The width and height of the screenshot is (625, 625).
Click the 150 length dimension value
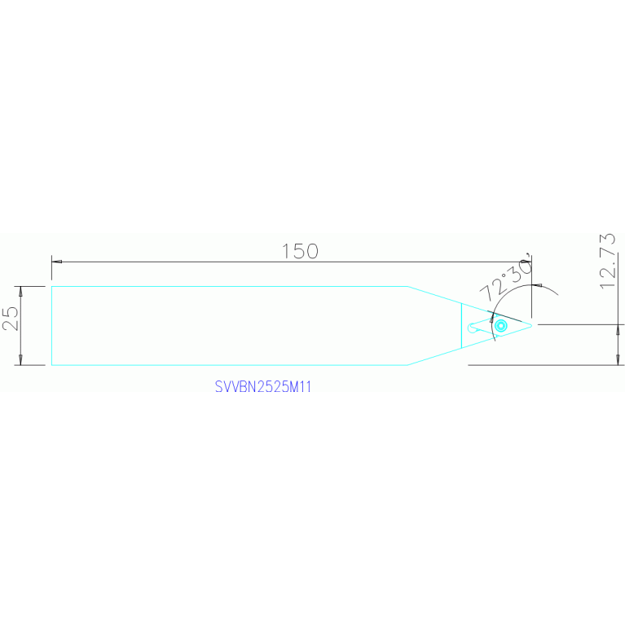coord(300,251)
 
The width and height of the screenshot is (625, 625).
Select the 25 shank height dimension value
coord(11,318)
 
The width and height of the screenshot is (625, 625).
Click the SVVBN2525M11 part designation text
coord(263,388)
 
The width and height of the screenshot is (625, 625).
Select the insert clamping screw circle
coord(501,326)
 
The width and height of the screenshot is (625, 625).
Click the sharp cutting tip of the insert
coord(532,324)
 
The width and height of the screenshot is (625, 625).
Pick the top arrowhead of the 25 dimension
coord(20,291)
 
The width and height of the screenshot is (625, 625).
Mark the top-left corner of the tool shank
coord(51,286)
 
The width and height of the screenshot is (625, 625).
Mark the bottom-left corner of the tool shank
coord(51,365)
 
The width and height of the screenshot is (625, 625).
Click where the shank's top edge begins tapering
coord(407,286)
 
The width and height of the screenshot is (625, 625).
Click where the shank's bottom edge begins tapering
coord(407,365)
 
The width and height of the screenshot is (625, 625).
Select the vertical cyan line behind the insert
coord(461,326)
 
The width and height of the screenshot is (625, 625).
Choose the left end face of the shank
coord(51,326)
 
